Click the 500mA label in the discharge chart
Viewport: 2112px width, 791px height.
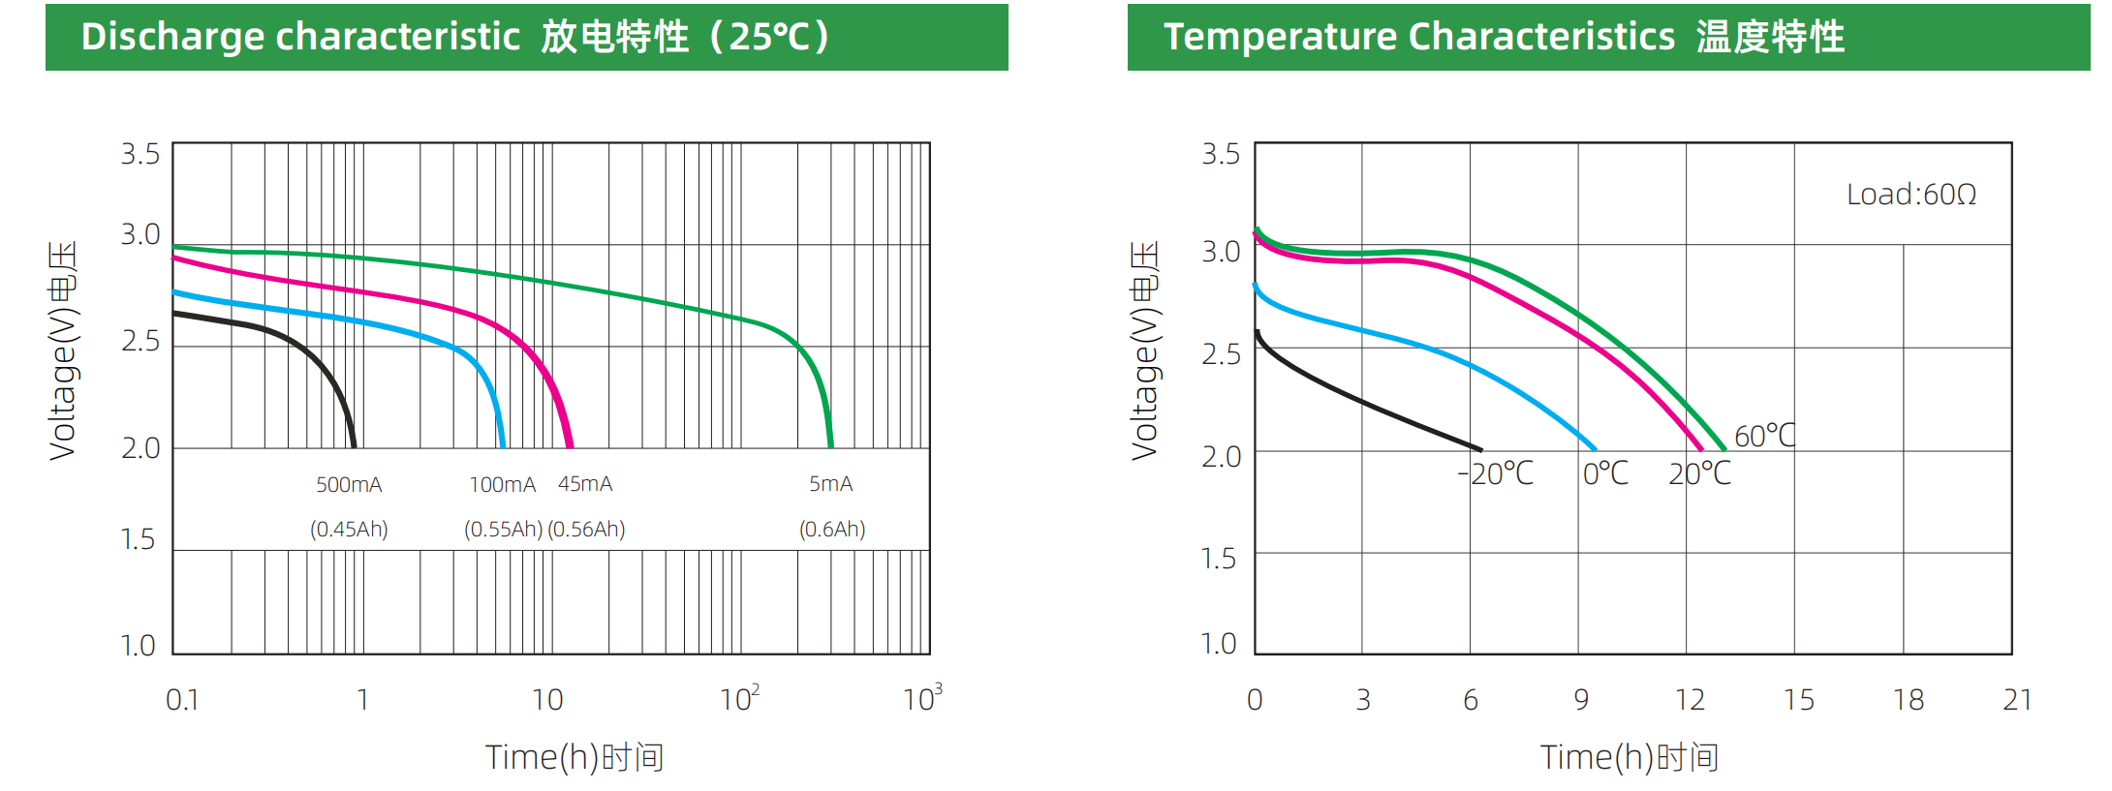349,484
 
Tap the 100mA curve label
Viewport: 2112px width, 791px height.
502,484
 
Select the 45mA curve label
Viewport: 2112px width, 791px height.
585,483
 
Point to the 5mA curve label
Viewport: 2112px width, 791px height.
830,483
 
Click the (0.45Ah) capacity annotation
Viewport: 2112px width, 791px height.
349,529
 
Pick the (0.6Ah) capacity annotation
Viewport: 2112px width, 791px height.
832,529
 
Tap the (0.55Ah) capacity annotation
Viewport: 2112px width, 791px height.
503,529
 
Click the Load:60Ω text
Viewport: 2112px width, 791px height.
1910,195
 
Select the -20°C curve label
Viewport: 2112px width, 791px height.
1496,473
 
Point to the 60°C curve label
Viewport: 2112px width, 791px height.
1764,436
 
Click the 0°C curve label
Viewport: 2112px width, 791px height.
1605,473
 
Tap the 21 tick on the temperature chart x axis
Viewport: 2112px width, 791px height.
2017,699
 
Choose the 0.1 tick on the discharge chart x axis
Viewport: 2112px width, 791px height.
182,699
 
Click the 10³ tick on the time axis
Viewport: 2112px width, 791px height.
921,698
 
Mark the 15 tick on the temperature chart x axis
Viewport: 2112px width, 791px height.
1798,699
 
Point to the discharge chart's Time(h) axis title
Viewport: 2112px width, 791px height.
574,757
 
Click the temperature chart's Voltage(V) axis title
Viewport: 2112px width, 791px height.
1145,350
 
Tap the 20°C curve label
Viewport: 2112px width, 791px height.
1699,473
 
